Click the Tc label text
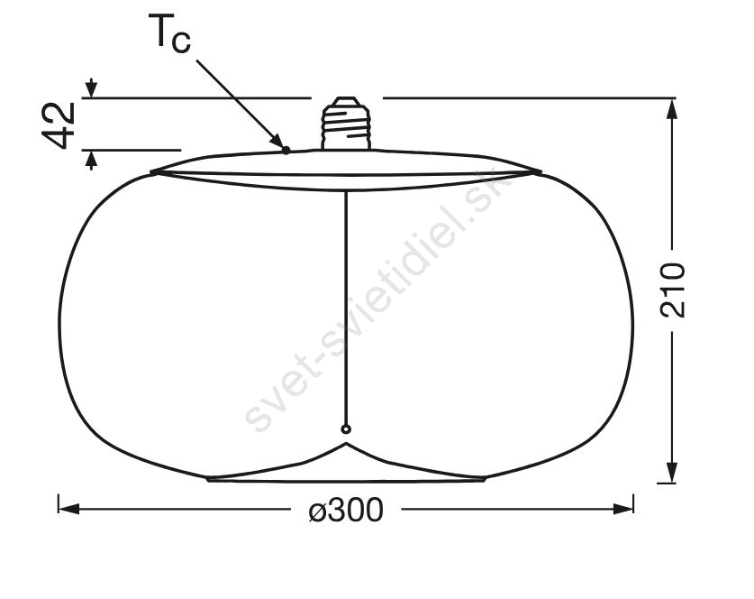click(169, 32)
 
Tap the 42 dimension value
click(59, 125)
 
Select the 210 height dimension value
click(672, 290)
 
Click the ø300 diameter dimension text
click(346, 510)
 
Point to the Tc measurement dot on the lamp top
click(286, 151)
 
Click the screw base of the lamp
click(346, 124)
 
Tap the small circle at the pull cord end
click(346, 429)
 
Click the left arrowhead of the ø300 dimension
click(68, 509)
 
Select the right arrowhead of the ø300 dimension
click(622, 509)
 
